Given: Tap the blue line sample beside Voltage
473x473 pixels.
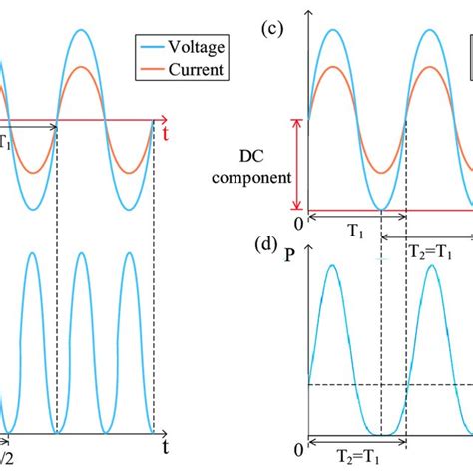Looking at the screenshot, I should pyautogui.click(x=153, y=46).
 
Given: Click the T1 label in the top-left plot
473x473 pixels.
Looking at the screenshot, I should pyautogui.click(x=6, y=140).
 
